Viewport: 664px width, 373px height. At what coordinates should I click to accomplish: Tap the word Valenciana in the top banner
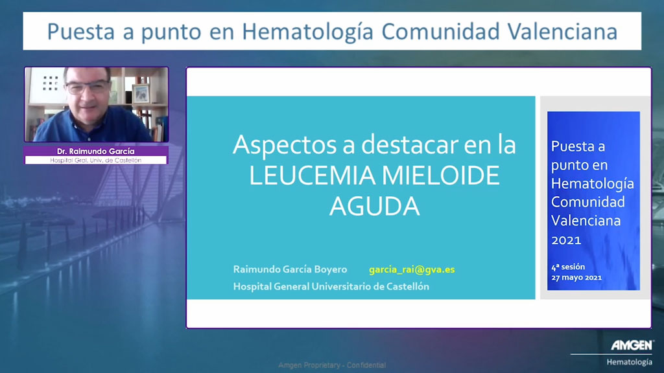coord(562,31)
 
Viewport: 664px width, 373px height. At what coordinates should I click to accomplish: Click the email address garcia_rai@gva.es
coord(412,269)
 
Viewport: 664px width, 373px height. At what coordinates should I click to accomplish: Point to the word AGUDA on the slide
coord(374,207)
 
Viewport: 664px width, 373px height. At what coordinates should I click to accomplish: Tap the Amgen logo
coord(632,345)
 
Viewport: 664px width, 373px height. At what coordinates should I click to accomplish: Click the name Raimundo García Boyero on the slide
coord(290,269)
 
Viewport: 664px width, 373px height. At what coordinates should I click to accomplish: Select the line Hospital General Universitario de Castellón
coord(331,286)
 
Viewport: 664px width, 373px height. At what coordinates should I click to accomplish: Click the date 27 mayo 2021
coord(576,278)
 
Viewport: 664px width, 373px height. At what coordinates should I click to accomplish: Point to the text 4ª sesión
coord(568,267)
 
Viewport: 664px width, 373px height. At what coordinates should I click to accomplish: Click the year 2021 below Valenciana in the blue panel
coord(566,240)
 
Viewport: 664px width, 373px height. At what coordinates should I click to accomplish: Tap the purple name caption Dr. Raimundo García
coord(96,151)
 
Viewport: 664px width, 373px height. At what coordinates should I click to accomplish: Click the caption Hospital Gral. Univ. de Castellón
coord(96,161)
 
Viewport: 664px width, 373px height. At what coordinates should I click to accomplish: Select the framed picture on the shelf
coord(141,93)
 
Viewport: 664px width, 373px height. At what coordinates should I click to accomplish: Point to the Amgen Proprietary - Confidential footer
coord(332,365)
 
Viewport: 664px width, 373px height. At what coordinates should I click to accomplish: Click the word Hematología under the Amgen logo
coord(629,362)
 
